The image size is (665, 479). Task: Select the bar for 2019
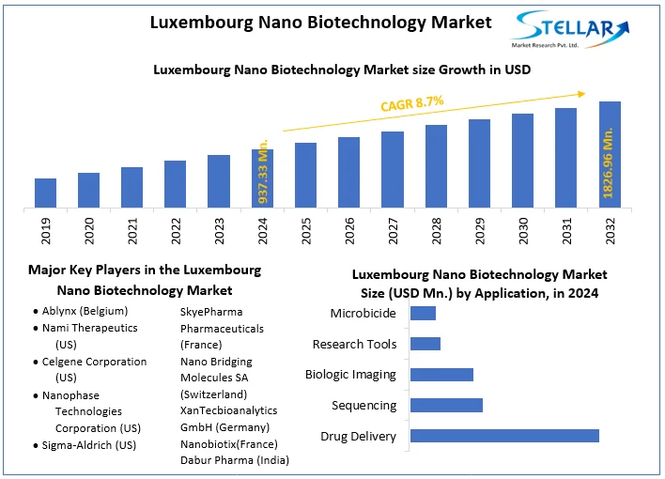coord(46,193)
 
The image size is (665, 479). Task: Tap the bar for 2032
coord(610,154)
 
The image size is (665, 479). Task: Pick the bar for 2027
coord(393,169)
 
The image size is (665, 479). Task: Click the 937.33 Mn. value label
coord(264,169)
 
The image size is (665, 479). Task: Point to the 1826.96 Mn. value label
coord(609,164)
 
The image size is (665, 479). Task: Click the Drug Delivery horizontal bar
coord(505,436)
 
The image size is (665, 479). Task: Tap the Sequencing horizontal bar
coord(447,405)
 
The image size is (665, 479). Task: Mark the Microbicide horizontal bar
coord(424,313)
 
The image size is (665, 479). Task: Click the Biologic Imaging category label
coord(350,375)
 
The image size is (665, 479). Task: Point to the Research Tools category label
coord(354,344)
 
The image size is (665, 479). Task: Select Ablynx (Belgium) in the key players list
coord(85,311)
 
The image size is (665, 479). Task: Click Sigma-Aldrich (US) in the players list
coord(89,444)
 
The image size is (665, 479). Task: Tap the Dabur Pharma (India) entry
coord(234,460)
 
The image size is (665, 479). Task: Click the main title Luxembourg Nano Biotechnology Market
coord(320,23)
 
